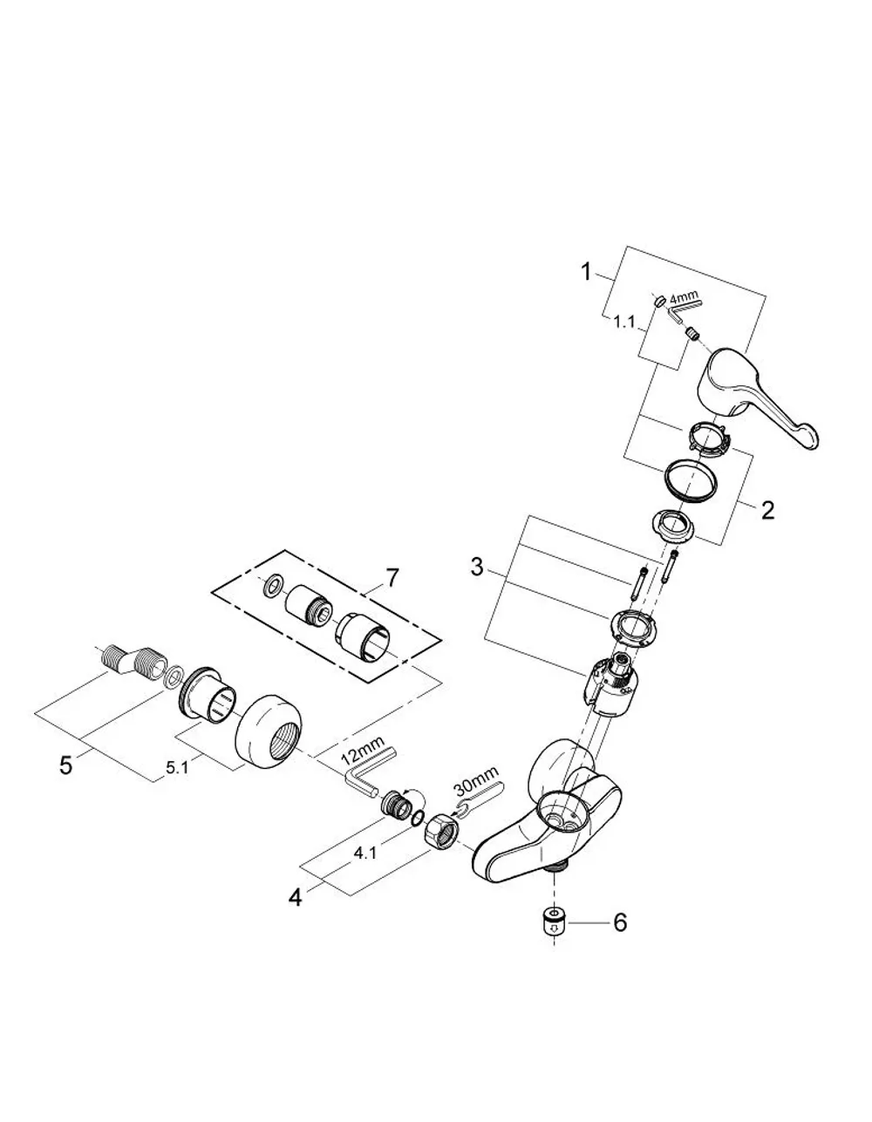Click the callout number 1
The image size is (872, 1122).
(585, 272)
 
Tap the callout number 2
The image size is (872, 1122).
(767, 511)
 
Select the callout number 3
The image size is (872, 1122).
(476, 568)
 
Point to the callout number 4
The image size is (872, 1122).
(295, 897)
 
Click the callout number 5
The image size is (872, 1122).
(65, 765)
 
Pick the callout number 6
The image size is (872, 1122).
(619, 922)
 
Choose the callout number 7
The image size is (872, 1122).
(393, 578)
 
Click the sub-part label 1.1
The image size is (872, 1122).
(623, 323)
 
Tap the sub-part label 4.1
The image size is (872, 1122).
(364, 853)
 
